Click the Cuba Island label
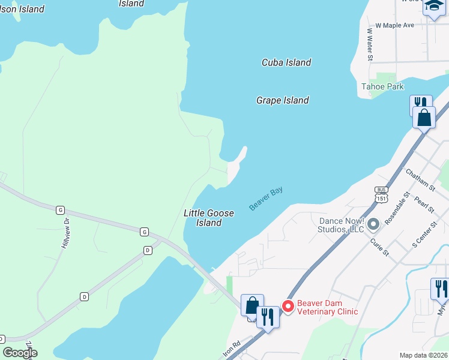pos(286,62)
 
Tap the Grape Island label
pos(282,100)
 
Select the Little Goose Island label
pos(208,218)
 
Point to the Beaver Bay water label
pos(266,199)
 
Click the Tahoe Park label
pos(382,86)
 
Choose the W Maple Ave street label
pos(394,26)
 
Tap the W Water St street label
pos(370,44)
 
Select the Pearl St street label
pos(424,202)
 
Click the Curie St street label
pos(379,247)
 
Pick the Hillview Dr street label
pos(67,233)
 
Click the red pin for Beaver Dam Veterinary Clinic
pos(288,307)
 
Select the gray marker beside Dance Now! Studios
pos(373,225)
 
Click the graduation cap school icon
pos(433,7)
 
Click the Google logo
pos(20,353)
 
